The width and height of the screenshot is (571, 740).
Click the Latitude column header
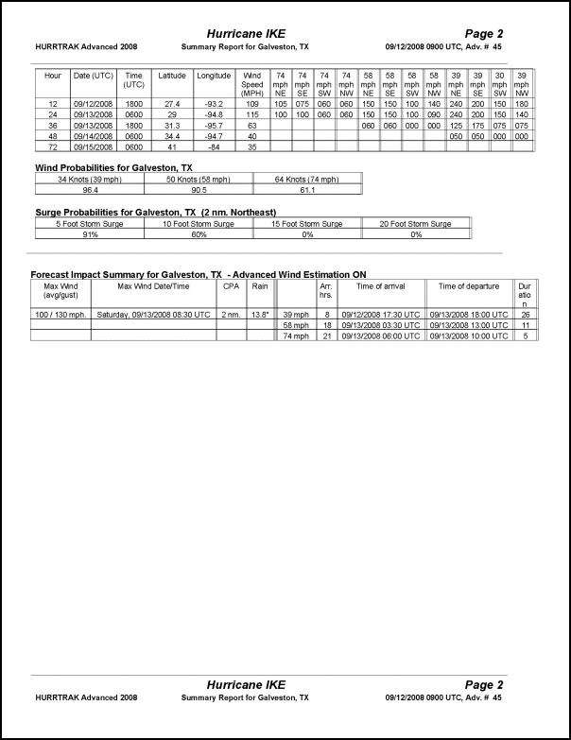[x=173, y=75]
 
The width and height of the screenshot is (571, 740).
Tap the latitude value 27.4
[x=173, y=103]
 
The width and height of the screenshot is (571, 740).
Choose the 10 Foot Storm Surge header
[x=199, y=224]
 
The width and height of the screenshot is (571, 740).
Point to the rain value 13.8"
[x=261, y=314]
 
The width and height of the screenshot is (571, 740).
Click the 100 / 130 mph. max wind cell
[x=61, y=314]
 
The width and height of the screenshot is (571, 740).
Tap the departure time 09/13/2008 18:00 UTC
[x=470, y=314]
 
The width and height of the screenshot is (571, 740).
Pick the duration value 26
[x=526, y=314]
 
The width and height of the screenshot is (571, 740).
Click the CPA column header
[x=231, y=284]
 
